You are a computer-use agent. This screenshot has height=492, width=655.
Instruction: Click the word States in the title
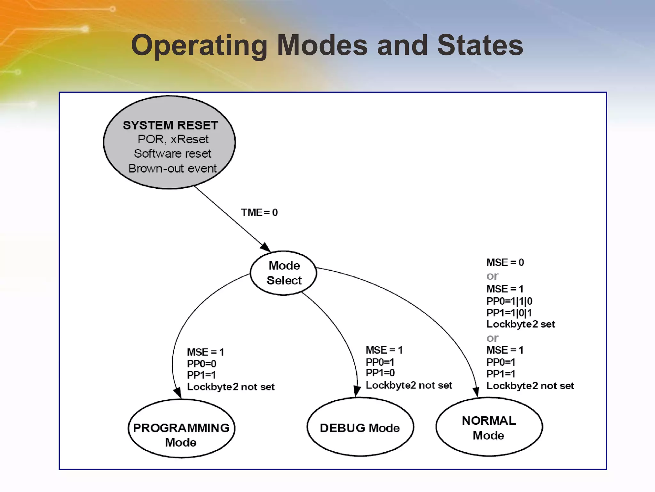coord(480,45)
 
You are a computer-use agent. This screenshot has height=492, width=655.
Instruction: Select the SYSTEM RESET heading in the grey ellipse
coord(170,125)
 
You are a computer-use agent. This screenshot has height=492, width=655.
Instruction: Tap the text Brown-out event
coord(172,168)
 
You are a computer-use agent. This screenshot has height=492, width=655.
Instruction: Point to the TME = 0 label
coord(259,212)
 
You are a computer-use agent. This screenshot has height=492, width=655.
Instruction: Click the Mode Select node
coord(284,273)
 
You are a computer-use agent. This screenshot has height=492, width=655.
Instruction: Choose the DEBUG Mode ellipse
coord(360,428)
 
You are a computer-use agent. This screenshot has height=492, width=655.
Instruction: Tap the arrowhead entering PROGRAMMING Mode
coord(178,393)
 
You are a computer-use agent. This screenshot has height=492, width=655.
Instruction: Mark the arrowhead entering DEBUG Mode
coord(357,391)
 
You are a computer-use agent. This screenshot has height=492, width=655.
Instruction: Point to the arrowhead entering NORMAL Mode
coord(476,392)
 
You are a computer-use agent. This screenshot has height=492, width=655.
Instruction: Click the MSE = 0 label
coord(505,262)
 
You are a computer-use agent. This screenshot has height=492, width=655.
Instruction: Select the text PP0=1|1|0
coord(509,301)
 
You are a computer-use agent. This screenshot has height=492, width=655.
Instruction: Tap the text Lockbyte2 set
coord(520,324)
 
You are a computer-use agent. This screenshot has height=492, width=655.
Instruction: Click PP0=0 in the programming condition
coord(201,364)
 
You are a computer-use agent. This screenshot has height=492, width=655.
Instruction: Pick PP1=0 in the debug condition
coord(380,373)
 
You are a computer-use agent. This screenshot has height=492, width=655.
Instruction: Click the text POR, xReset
coord(173,139)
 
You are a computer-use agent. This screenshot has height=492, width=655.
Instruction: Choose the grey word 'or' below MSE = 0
coord(492,276)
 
